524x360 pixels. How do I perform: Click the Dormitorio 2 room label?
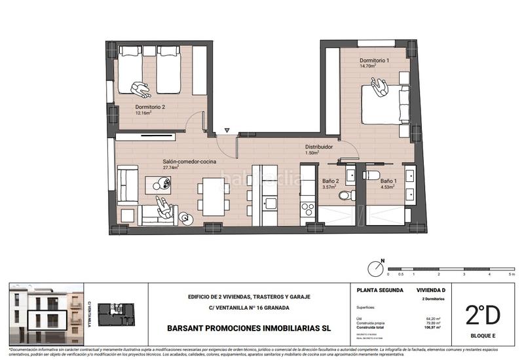point(150,107)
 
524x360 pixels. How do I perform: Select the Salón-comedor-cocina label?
point(190,161)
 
